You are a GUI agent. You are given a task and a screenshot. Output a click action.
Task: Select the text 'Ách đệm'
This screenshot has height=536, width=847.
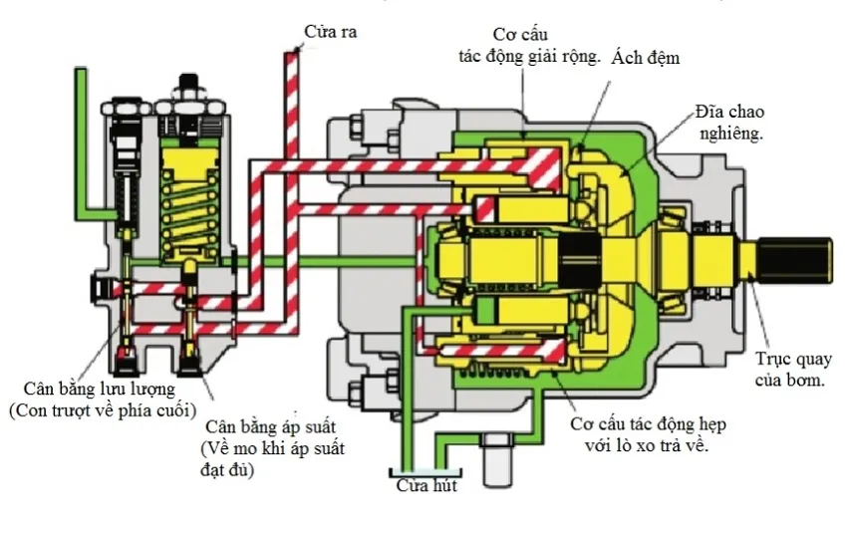pyautogui.click(x=646, y=58)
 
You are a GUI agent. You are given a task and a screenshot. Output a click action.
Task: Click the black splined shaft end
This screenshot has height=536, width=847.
pyautogui.click(x=797, y=260)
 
